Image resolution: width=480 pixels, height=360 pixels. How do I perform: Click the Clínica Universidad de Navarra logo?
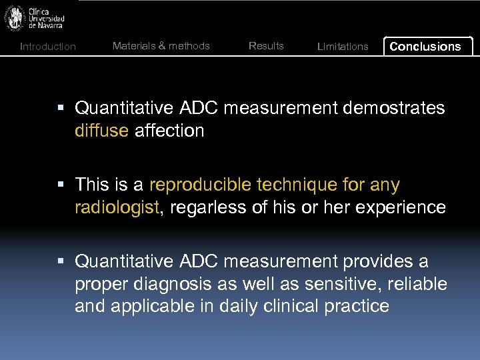[35, 18]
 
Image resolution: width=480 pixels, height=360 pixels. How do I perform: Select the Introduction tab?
[48, 47]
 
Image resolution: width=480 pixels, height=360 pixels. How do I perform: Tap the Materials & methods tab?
[161, 46]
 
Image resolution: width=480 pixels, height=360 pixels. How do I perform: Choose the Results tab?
[266, 46]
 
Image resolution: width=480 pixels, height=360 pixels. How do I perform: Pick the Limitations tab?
[343, 47]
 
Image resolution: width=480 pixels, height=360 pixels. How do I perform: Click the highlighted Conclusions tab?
[425, 47]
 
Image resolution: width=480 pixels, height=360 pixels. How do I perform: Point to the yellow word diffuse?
[102, 131]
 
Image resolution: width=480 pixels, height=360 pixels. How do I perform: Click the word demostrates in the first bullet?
[393, 108]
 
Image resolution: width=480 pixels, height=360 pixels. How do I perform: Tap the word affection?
[169, 131]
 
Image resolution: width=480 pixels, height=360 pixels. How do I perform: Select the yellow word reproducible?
[208, 185]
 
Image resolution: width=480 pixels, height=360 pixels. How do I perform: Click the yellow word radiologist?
[117, 207]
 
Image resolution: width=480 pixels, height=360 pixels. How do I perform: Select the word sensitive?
[342, 284]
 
